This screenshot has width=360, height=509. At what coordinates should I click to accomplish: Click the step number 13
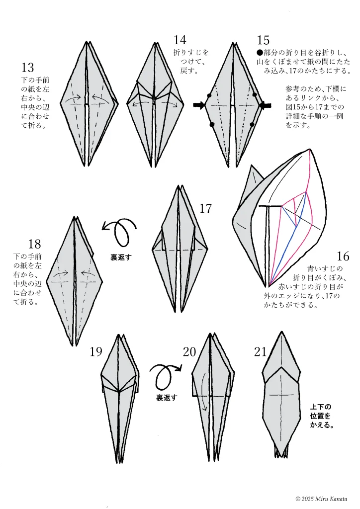pyautogui.click(x=28, y=68)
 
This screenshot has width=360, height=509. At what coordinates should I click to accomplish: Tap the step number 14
pyautogui.click(x=180, y=40)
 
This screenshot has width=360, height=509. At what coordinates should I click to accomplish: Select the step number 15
pyautogui.click(x=263, y=40)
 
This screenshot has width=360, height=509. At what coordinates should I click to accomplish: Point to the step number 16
pyautogui.click(x=343, y=256)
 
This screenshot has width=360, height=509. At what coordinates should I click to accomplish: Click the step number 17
pyautogui.click(x=206, y=209)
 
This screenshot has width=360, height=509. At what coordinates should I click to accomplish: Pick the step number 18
pyautogui.click(x=34, y=244)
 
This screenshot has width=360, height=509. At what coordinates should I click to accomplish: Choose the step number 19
pyautogui.click(x=96, y=352)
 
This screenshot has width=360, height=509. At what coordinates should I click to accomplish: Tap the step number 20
pyautogui.click(x=189, y=352)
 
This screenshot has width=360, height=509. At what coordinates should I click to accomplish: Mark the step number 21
pyautogui.click(x=261, y=352)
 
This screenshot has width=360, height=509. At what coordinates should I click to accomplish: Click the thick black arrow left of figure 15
pyautogui.click(x=199, y=105)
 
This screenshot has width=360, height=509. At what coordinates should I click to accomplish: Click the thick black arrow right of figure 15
pyautogui.click(x=265, y=105)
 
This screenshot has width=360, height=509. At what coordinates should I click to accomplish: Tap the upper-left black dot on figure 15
pyautogui.click(x=209, y=95)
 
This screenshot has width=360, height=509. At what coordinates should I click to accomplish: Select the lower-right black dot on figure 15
pyautogui.click(x=252, y=124)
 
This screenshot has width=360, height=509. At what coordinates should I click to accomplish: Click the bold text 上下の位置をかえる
pyautogui.click(x=321, y=416)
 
